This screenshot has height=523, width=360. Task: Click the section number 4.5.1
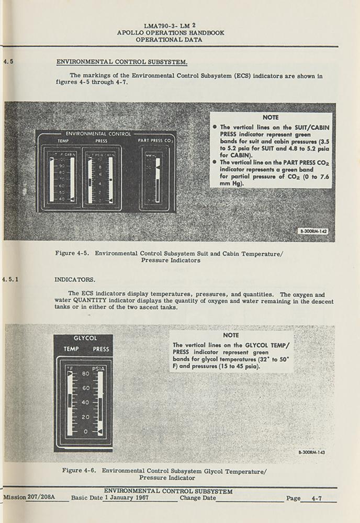coord(10,279)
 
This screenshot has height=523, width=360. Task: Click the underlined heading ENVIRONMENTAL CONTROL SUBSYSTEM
coord(121,62)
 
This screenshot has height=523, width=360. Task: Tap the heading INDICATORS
coord(75,279)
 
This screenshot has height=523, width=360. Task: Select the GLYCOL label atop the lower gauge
coord(85,338)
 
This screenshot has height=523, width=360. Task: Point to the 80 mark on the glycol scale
coord(86,373)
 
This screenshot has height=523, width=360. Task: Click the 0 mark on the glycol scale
coord(86,431)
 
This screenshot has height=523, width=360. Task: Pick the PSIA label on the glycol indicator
coord(98,369)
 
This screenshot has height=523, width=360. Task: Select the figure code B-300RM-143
coord(311,452)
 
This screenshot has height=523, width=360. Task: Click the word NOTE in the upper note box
coord(271,118)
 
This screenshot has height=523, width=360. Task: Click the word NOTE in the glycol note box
coord(231,335)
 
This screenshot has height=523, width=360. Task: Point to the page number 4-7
coord(316,498)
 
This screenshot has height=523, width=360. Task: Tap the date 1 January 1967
coord(127,498)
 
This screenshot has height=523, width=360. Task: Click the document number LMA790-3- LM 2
coord(170,25)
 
